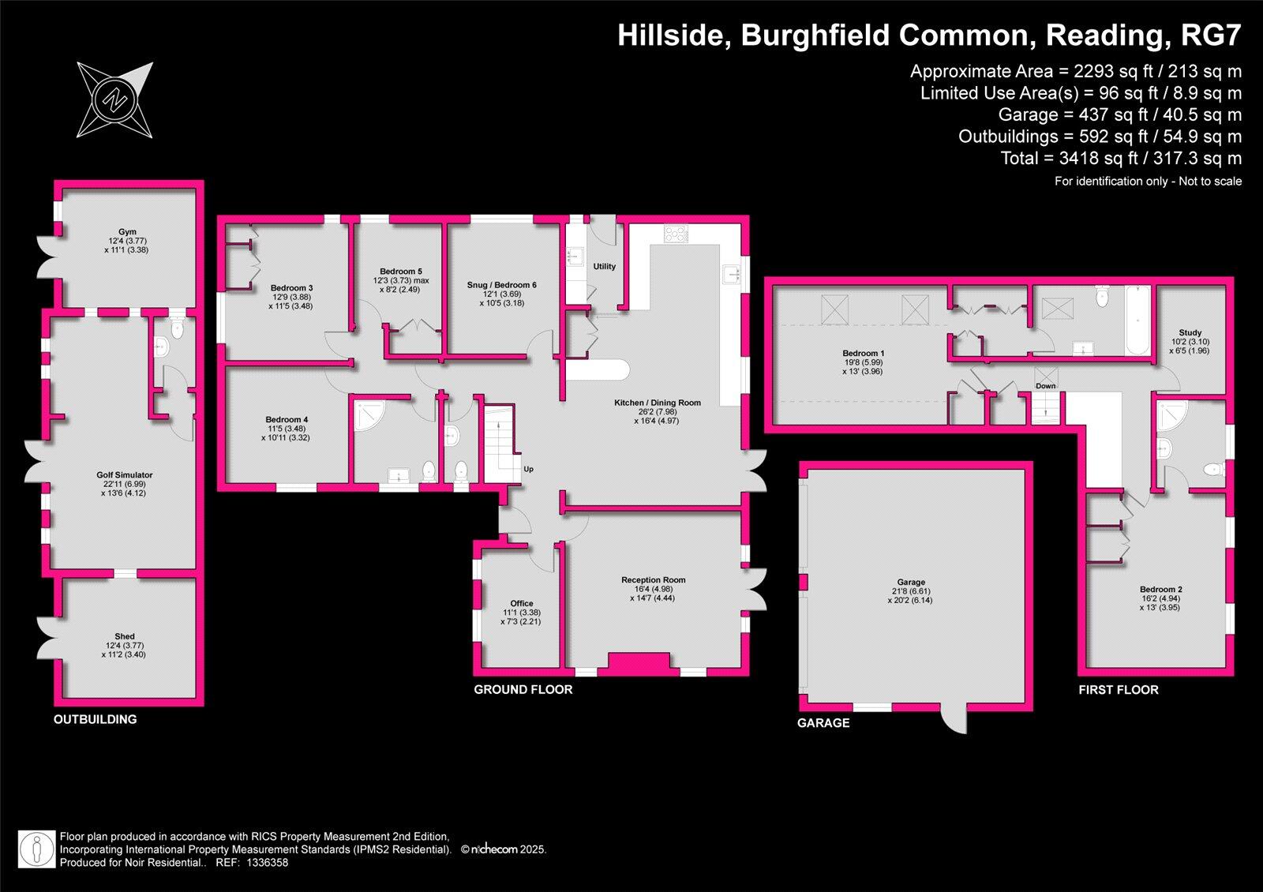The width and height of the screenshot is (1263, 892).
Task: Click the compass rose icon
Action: [115, 99]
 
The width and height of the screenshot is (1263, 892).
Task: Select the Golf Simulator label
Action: [125, 475]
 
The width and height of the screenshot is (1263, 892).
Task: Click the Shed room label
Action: [125, 636]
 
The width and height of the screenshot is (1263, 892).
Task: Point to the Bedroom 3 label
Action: [291, 288]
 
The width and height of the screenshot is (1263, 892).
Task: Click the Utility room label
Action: [605, 267]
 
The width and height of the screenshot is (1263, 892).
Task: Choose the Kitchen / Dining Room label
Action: [658, 403]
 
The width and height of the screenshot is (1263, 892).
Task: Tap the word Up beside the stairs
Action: [528, 470]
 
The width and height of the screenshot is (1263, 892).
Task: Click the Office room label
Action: [521, 603]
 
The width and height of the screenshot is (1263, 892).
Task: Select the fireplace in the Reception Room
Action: [639, 664]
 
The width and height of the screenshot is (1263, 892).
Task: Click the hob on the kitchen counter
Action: [676, 234]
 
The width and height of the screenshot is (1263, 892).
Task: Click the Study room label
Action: [1190, 333]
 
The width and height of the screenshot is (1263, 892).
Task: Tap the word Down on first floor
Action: [1045, 386]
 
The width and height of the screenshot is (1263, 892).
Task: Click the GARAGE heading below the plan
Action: [823, 723]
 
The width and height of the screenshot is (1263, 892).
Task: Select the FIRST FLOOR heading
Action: [1119, 690]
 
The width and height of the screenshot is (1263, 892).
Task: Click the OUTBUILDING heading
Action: [95, 720]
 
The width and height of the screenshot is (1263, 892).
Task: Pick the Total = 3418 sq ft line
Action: [1121, 159]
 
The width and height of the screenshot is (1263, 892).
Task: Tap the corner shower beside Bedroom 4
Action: [365, 416]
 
